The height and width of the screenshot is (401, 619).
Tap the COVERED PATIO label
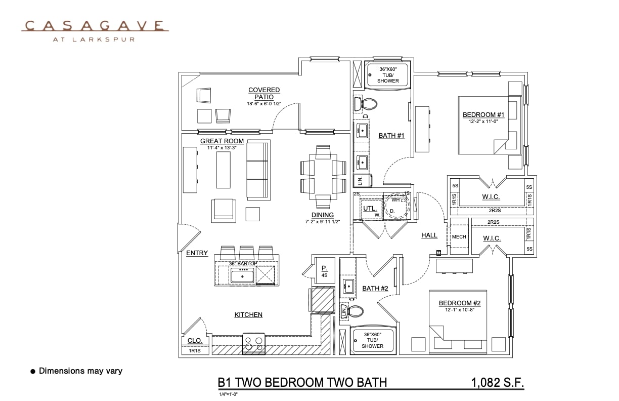click(x=264, y=93)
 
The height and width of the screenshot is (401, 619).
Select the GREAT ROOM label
click(x=222, y=141)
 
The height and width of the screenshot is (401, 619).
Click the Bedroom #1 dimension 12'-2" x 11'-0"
click(x=480, y=121)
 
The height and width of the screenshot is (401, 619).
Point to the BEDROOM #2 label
click(x=459, y=303)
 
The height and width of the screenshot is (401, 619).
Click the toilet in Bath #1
click(x=366, y=104)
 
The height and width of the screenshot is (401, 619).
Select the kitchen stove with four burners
click(x=254, y=344)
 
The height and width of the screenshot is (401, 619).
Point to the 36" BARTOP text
click(x=243, y=264)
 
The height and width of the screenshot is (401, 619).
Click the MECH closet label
click(x=459, y=237)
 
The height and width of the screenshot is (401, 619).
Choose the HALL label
click(x=429, y=235)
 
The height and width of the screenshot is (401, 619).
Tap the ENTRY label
click(x=197, y=253)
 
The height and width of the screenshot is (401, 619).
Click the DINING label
click(x=322, y=215)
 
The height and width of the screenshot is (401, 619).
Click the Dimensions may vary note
click(x=80, y=371)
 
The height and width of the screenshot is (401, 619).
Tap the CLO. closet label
click(x=195, y=341)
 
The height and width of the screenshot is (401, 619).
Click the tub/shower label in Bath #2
click(x=372, y=340)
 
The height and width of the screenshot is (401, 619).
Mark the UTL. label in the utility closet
click(x=370, y=208)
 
